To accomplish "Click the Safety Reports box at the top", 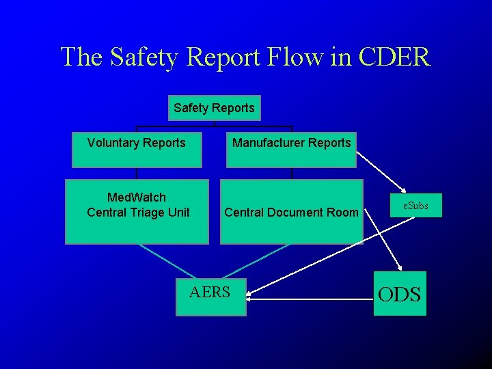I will (x=214, y=108).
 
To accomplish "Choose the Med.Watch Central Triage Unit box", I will (x=137, y=212).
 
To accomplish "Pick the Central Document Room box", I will (x=291, y=212).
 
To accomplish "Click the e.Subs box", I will (x=415, y=205).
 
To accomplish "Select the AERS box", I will (x=210, y=296).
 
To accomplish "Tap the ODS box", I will (x=400, y=294).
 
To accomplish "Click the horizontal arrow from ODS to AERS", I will (x=307, y=298).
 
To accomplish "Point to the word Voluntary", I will (x=113, y=143).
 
